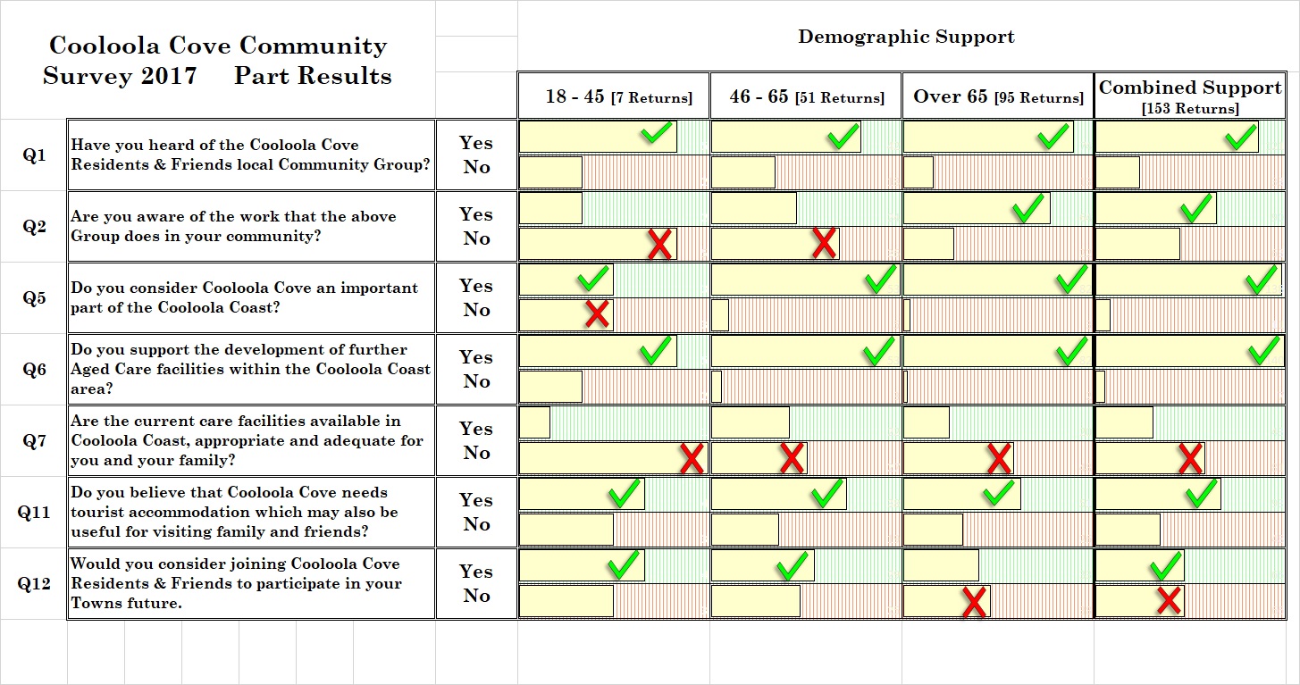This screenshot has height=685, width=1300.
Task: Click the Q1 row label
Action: (x=34, y=155)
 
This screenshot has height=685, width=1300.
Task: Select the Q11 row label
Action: (x=34, y=512)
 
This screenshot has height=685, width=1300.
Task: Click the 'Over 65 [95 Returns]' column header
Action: (x=997, y=96)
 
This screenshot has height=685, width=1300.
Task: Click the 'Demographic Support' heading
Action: (x=905, y=37)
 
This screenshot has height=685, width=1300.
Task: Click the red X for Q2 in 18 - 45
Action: (x=659, y=244)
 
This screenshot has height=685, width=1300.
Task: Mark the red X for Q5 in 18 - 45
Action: (x=597, y=313)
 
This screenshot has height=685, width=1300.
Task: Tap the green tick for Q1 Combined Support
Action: (x=1240, y=137)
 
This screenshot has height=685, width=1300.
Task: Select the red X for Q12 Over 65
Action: (x=974, y=601)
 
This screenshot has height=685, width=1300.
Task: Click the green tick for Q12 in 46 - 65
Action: (x=793, y=565)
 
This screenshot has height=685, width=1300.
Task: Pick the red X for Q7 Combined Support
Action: (x=1189, y=458)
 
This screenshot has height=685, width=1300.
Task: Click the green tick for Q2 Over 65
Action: (x=1028, y=208)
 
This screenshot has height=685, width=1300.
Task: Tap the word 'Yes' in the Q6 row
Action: (x=476, y=357)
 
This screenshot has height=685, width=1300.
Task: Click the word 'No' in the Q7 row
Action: (x=476, y=453)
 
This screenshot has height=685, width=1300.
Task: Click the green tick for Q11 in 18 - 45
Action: (x=624, y=493)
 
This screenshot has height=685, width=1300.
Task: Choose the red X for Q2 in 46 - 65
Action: (x=823, y=243)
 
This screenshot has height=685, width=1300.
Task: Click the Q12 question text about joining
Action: (x=236, y=583)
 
